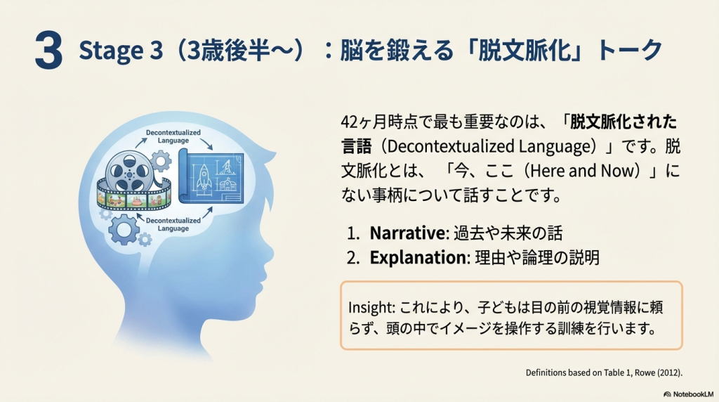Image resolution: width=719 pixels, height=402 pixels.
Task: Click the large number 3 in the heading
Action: pyautogui.click(x=48, y=51)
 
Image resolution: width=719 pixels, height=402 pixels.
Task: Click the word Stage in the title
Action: pyautogui.click(x=110, y=51)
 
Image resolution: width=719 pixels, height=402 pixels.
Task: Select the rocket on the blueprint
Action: pyautogui.click(x=204, y=177)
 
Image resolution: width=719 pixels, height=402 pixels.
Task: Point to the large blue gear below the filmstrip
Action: pyautogui.click(x=124, y=228)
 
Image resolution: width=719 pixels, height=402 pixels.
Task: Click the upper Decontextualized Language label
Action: pyautogui.click(x=173, y=136)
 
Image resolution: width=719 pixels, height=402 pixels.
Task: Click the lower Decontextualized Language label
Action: pyautogui.click(x=173, y=224)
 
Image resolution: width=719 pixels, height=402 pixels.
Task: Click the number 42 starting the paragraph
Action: pyautogui.click(x=350, y=122)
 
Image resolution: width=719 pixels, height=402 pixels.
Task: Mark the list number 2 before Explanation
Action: pyautogui.click(x=352, y=258)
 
